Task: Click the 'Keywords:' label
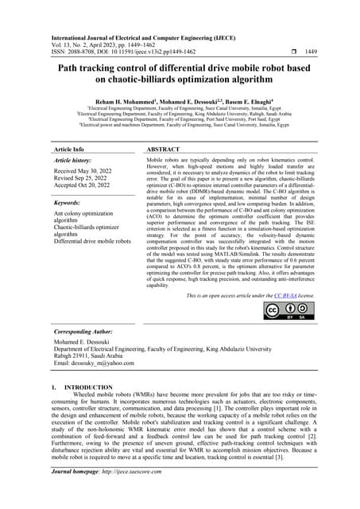(69, 203)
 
